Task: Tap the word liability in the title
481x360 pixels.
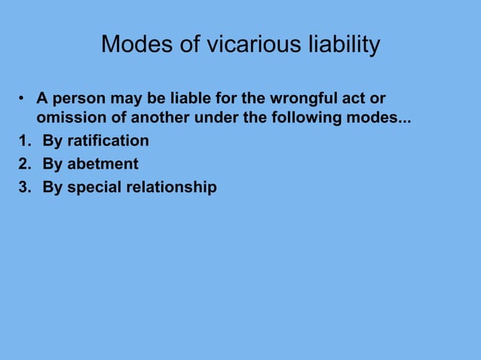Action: [x=335, y=45]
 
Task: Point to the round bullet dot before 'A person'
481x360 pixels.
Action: [x=23, y=100]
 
